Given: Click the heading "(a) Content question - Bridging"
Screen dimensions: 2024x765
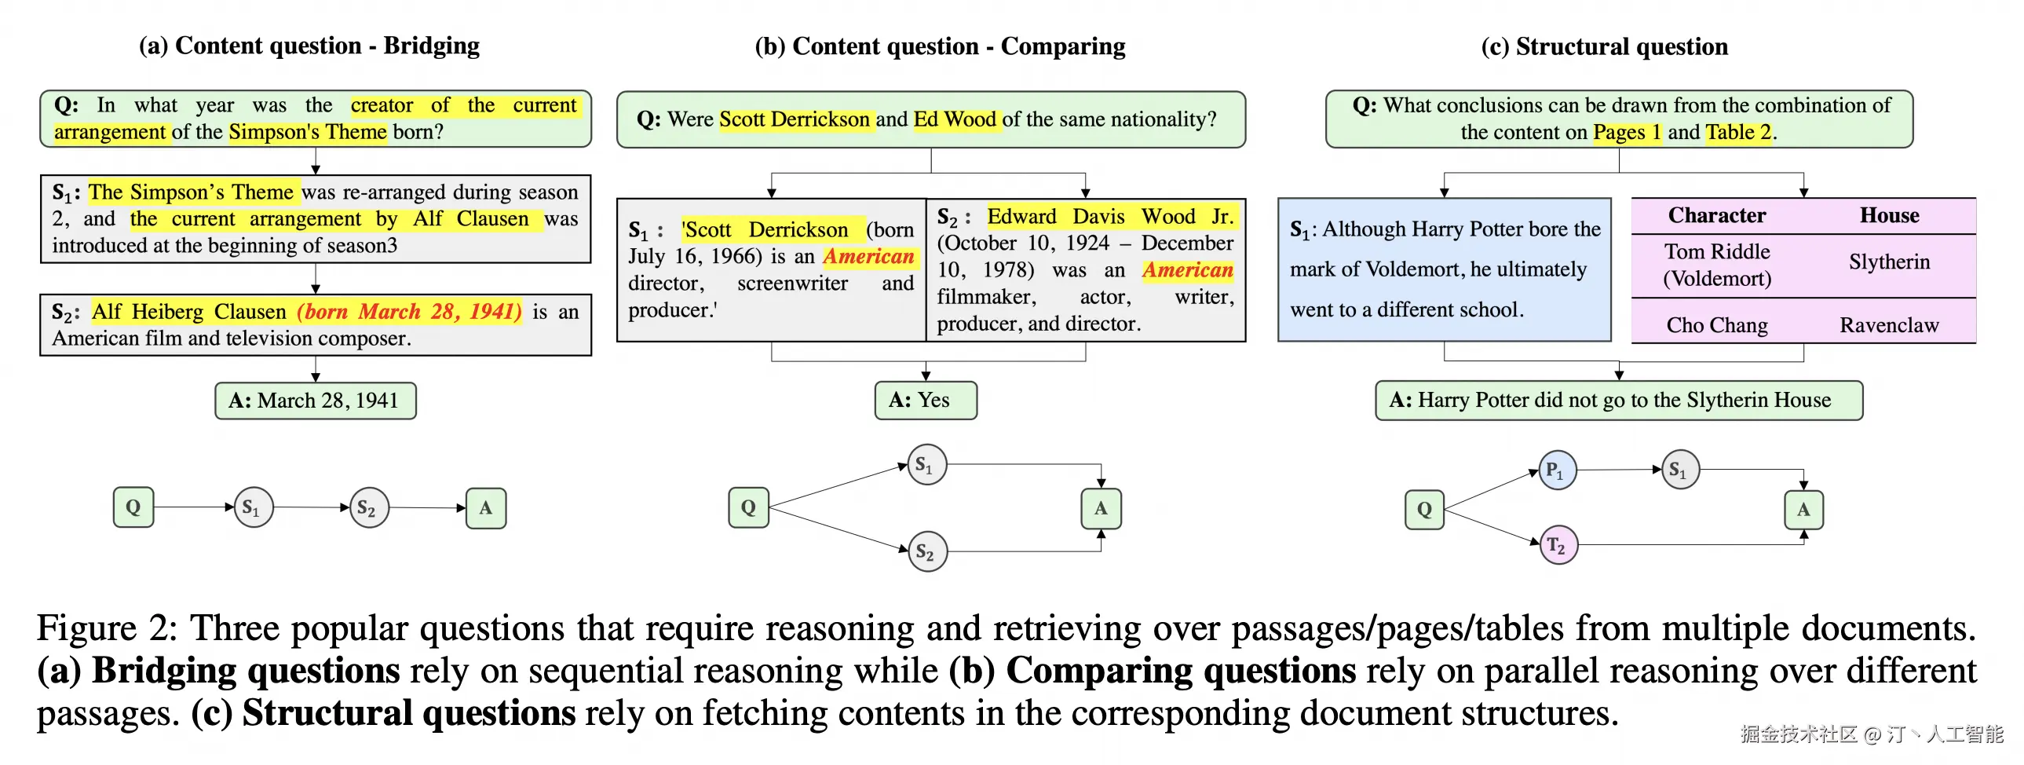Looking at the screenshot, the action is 309,46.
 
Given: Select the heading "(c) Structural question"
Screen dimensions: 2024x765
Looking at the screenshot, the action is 1605,46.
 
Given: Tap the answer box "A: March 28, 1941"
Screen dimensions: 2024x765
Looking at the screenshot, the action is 315,401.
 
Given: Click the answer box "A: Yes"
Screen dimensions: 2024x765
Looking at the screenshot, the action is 926,401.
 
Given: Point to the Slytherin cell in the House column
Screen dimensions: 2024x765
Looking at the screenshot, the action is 1889,262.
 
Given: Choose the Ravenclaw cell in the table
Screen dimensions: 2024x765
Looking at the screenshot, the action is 1889,324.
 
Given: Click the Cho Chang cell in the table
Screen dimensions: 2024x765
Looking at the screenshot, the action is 1717,324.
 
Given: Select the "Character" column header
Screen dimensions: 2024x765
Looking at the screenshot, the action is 1717,215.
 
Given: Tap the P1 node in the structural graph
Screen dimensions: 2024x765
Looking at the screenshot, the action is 1558,470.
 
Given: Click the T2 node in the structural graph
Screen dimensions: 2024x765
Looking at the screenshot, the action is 1558,545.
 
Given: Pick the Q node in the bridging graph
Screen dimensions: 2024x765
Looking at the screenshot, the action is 133,507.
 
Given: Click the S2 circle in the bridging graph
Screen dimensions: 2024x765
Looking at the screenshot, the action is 368,507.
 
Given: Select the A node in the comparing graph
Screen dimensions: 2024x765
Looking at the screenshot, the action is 1101,508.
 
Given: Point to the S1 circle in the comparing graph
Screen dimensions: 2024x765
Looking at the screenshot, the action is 927,465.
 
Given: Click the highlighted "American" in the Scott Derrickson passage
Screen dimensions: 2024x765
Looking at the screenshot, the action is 868,256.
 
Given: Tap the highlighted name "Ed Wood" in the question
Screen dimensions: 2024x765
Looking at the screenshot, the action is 955,119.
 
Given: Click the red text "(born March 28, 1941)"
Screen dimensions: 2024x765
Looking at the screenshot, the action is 408,311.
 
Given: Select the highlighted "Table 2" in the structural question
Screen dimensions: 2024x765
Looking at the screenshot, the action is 1737,132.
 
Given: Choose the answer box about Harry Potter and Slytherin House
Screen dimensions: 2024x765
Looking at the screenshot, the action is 1619,401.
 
